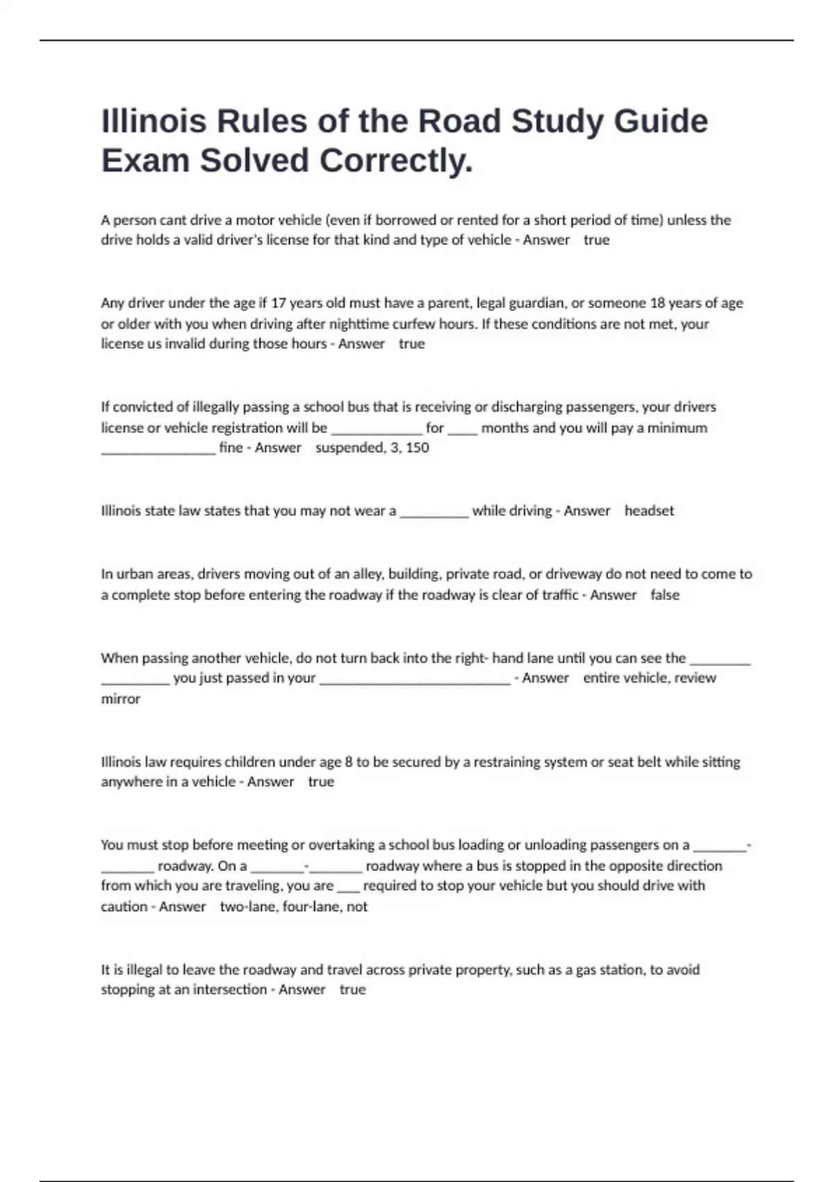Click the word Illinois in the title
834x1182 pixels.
pos(154,122)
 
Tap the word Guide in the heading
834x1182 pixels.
pos(661,122)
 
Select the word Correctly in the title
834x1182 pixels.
pos(395,161)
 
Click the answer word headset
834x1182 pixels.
pos(649,511)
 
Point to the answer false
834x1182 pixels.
pos(664,595)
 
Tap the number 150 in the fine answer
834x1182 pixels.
pos(417,448)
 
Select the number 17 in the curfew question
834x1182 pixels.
pos(278,303)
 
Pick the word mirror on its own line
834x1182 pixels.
pos(120,699)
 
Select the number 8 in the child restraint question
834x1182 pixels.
pos(348,762)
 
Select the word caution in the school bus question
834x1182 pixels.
pos(124,907)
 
